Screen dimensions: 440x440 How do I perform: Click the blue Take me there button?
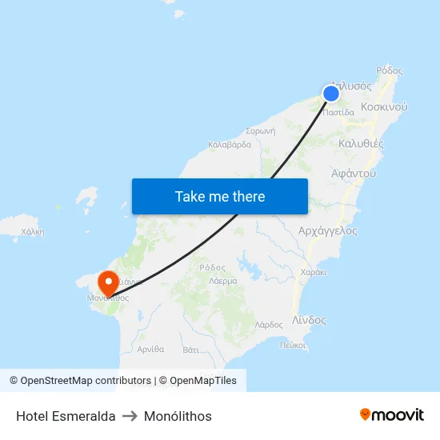click(220, 196)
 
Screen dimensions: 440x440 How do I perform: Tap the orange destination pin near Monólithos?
click(107, 282)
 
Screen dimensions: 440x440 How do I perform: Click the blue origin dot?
click(330, 94)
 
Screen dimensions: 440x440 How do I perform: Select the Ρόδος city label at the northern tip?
click(390, 70)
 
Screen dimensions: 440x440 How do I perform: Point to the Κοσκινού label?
click(385, 106)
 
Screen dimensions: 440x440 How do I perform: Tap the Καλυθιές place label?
click(362, 144)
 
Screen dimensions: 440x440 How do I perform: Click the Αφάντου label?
click(354, 173)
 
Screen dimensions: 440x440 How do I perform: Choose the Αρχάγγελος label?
click(327, 230)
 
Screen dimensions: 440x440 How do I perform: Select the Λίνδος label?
click(309, 320)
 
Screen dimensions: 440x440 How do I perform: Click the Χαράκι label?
click(314, 272)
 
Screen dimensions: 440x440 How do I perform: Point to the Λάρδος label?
click(269, 325)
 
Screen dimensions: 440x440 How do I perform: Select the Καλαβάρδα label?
click(230, 145)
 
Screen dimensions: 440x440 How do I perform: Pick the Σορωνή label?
click(261, 130)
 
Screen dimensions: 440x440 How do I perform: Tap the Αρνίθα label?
click(150, 349)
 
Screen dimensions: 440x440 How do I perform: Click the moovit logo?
click(392, 414)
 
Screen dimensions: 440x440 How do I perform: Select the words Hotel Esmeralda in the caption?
click(66, 416)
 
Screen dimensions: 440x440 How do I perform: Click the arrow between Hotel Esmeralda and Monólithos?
click(130, 416)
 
